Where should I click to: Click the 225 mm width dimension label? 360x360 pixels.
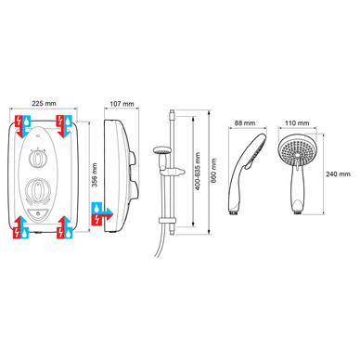click(x=45, y=103)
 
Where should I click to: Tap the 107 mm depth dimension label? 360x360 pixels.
click(x=122, y=104)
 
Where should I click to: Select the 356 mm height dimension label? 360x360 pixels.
click(x=95, y=174)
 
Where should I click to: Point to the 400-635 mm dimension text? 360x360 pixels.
click(x=198, y=171)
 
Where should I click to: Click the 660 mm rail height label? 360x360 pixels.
click(x=213, y=171)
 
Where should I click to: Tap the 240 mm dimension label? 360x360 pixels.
click(x=338, y=174)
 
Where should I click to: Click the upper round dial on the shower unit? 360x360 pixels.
click(x=37, y=160)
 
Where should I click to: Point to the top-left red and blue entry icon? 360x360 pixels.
click(x=23, y=126)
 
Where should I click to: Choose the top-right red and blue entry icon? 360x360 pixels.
click(x=64, y=126)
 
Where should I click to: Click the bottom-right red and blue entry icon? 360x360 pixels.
click(x=65, y=227)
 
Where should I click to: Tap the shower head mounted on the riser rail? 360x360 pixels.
click(x=162, y=150)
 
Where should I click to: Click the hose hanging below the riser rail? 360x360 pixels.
click(x=161, y=238)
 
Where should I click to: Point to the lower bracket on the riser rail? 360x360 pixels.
click(x=167, y=220)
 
